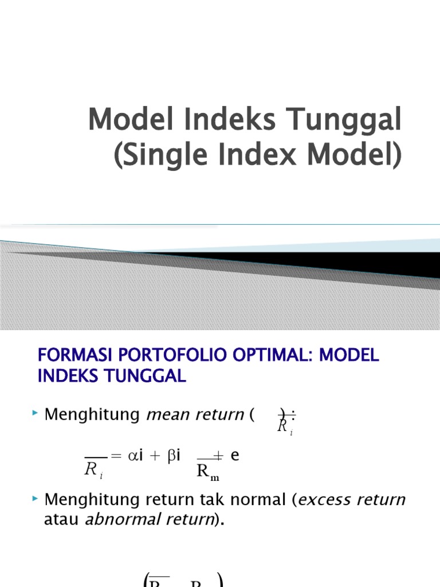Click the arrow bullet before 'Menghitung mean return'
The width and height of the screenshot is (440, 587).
tap(36, 413)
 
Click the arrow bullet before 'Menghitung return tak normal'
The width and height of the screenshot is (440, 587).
tap(36, 499)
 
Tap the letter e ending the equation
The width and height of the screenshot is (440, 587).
tap(234, 456)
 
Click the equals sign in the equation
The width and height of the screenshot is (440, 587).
tap(116, 456)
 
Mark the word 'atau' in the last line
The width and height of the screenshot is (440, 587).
tap(62, 521)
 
